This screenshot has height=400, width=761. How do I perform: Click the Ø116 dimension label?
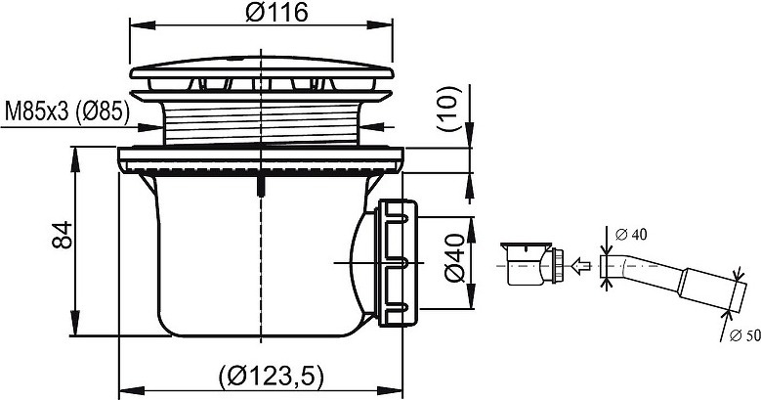pos(276,12)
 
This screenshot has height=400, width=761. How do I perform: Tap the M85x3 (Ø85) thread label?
pos(67,112)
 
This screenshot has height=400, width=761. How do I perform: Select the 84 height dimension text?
pos(63,236)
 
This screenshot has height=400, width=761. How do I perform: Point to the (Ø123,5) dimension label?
pos(271,376)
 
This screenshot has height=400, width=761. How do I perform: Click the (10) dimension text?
pos(447,109)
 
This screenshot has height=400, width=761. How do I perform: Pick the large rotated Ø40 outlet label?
pos(455,257)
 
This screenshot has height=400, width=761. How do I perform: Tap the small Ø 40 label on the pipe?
pos(631,235)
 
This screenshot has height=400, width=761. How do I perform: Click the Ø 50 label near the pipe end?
pos(745,335)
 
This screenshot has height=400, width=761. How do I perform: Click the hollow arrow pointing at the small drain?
pos(580,266)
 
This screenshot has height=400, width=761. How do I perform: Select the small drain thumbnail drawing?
pos(532,262)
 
